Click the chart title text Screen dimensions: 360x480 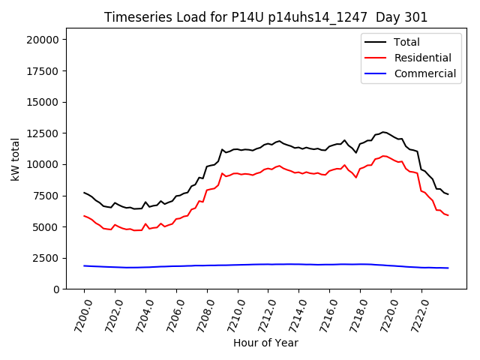(265, 17)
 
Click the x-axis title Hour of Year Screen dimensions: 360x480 (265, 343)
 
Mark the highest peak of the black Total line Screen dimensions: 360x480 (383, 132)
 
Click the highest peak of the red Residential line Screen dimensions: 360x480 (383, 156)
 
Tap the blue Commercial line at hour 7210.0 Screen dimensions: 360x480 (238, 265)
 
